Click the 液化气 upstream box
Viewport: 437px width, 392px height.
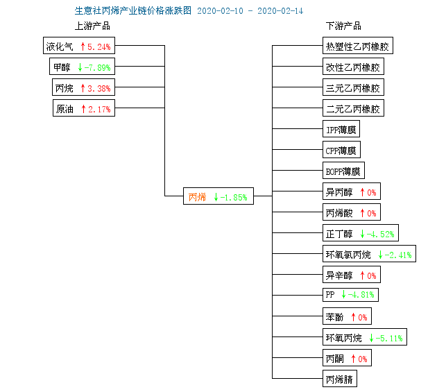pyautogui.click(x=79, y=46)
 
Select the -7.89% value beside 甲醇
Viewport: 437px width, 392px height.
pyautogui.click(x=98, y=67)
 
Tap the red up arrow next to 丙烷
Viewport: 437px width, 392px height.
pyautogui.click(x=83, y=88)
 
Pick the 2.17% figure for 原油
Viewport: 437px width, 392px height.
pyautogui.click(x=99, y=110)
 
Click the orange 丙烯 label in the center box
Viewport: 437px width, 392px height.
pyautogui.click(x=197, y=197)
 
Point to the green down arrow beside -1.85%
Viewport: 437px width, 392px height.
pyautogui.click(x=216, y=197)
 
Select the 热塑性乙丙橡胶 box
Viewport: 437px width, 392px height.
pyautogui.click(x=358, y=46)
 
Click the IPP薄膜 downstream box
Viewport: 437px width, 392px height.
pyautogui.click(x=341, y=128)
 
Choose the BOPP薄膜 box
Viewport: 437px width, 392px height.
pyautogui.click(x=343, y=171)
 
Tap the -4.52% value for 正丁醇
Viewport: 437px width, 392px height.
pyautogui.click(x=380, y=234)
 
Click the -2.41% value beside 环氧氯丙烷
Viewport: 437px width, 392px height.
pyautogui.click(x=398, y=255)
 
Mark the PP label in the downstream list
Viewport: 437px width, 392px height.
pyautogui.click(x=330, y=295)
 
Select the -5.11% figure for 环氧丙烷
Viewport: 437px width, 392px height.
pyautogui.click(x=389, y=338)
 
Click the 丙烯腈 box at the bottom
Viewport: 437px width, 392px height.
pyautogui.click(x=340, y=378)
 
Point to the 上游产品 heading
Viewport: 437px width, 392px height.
pyautogui.click(x=92, y=26)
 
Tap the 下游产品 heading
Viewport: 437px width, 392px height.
pyautogui.click(x=343, y=26)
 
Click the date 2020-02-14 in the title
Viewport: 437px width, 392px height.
pyautogui.click(x=280, y=11)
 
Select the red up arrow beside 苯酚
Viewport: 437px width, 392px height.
pyautogui.click(x=353, y=317)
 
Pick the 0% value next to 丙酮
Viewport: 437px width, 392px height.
pyautogui.click(x=363, y=359)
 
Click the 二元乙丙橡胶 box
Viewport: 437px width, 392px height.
pyautogui.click(x=353, y=108)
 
